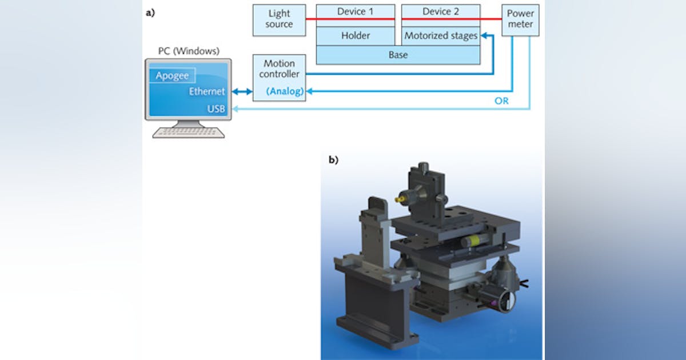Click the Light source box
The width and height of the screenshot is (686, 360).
[279, 19]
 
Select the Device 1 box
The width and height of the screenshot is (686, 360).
[356, 12]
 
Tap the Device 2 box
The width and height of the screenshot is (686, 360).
[440, 12]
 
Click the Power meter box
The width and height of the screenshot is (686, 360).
[520, 19]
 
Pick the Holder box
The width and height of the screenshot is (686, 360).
[356, 35]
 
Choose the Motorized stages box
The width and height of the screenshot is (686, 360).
[440, 35]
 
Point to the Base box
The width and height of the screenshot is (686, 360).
[398, 55]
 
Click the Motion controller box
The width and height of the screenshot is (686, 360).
[279, 69]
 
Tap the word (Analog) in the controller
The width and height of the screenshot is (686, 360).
[285, 91]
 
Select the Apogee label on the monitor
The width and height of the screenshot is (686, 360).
[172, 76]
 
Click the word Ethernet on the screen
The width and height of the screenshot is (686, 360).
[207, 91]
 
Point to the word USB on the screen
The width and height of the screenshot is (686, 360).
[216, 109]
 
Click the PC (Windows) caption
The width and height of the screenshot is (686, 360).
[189, 51]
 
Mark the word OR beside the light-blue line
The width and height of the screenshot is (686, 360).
[501, 101]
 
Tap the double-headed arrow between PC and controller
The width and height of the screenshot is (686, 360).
[242, 91]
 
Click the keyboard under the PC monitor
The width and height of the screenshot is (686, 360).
[188, 133]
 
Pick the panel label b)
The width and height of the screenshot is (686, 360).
[333, 160]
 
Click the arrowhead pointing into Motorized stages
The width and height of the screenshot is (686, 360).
[485, 36]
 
